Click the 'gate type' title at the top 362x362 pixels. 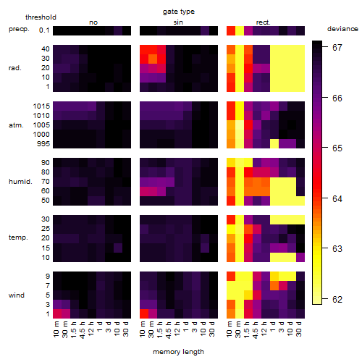pyautogui.click(x=179, y=12)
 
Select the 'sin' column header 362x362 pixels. pyautogui.click(x=178, y=22)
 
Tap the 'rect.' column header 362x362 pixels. pyautogui.click(x=264, y=22)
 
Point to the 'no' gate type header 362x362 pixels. pyautogui.click(x=93, y=22)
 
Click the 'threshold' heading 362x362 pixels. pyautogui.click(x=41, y=17)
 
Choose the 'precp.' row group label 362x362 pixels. pyautogui.click(x=19, y=29)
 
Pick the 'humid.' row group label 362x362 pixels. pyautogui.click(x=20, y=182)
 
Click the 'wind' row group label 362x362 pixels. pyautogui.click(x=17, y=295)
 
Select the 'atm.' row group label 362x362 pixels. pyautogui.click(x=16, y=125)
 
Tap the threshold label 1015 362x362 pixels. pyautogui.click(x=41, y=106)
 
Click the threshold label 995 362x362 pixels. pyautogui.click(x=43, y=144)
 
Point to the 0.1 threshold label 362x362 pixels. pyautogui.click(x=44, y=30)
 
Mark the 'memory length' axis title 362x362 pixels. pyautogui.click(x=178, y=352)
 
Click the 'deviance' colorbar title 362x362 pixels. pyautogui.click(x=342, y=29)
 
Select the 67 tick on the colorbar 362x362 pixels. pyautogui.click(x=337, y=48)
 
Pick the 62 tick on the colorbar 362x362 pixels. pyautogui.click(x=337, y=300)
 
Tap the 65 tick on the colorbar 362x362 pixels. pyautogui.click(x=337, y=148)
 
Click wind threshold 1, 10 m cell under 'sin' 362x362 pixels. pyautogui.click(x=144, y=314)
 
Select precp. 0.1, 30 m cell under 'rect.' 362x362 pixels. pyautogui.click(x=240, y=30)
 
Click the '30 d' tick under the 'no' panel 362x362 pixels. pyautogui.click(x=125, y=329)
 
